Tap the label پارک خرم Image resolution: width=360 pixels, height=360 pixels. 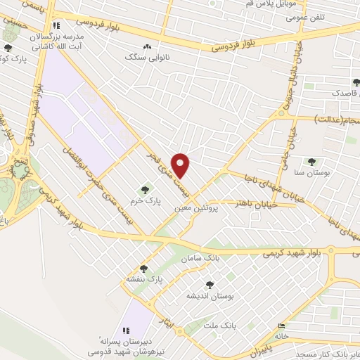[148, 200]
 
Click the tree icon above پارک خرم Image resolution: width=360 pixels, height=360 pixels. [145, 189]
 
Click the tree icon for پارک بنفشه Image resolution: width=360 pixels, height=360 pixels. [143, 269]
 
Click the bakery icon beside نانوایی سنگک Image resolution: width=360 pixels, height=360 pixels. [147, 47]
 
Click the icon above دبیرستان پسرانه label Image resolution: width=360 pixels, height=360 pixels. [126, 330]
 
